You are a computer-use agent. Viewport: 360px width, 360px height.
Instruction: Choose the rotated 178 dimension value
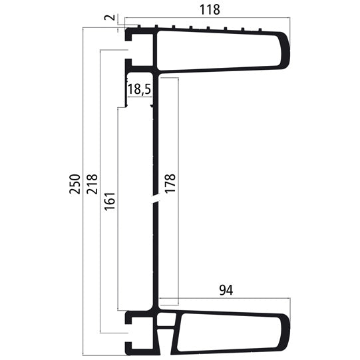point(170,184)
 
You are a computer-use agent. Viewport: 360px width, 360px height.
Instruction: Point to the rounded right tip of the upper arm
point(288,49)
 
